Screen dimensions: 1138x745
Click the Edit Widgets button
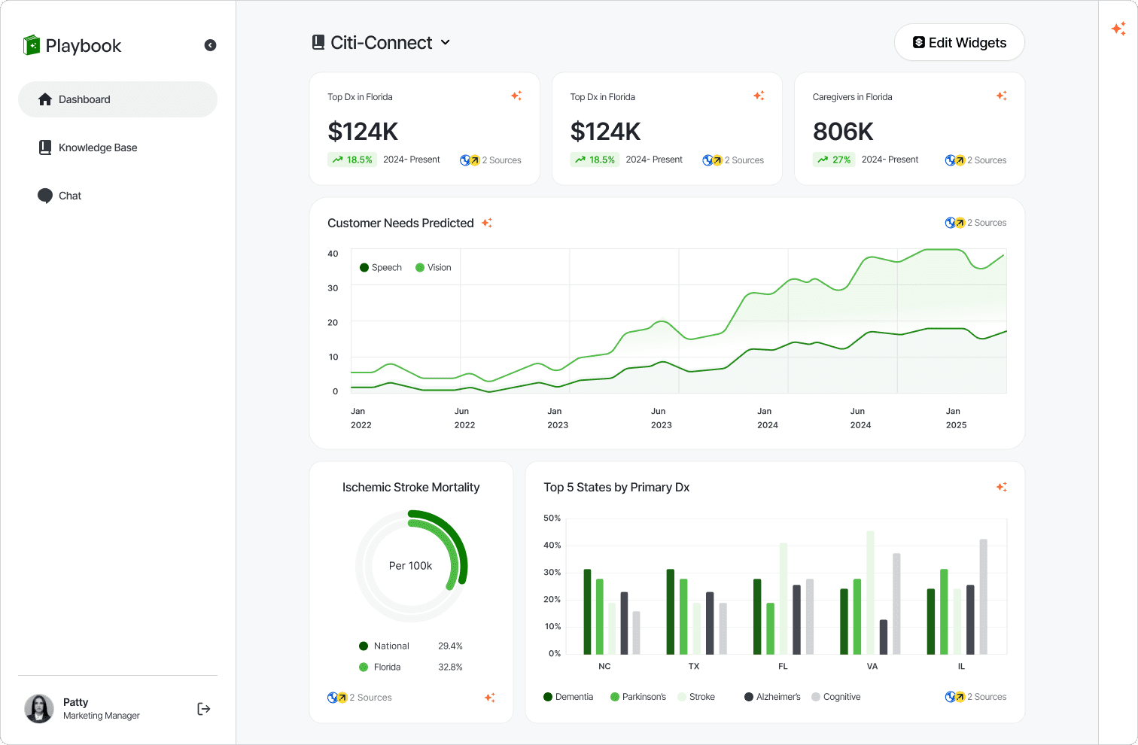(x=959, y=43)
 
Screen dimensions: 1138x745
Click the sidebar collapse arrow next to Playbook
(x=210, y=45)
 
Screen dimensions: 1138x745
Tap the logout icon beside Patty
(x=204, y=709)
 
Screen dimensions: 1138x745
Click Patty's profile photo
(x=39, y=708)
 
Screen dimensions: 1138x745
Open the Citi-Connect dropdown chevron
(x=446, y=43)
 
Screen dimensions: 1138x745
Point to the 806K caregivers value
(x=843, y=132)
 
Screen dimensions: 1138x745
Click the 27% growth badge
(x=834, y=160)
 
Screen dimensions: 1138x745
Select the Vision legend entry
(x=434, y=268)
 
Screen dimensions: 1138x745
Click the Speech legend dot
(x=364, y=268)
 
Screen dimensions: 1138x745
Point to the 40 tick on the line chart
(x=333, y=254)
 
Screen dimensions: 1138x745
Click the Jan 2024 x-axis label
(x=767, y=418)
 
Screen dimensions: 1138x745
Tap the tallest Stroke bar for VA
(x=871, y=593)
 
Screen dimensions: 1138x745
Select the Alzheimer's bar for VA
(x=884, y=637)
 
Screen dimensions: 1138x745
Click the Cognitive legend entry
(x=836, y=697)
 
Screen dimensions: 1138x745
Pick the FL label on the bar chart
(x=783, y=666)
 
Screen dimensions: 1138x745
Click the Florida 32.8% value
(x=450, y=667)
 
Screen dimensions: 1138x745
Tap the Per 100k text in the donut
(x=410, y=566)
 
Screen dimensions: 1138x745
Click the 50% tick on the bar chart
(x=552, y=518)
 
